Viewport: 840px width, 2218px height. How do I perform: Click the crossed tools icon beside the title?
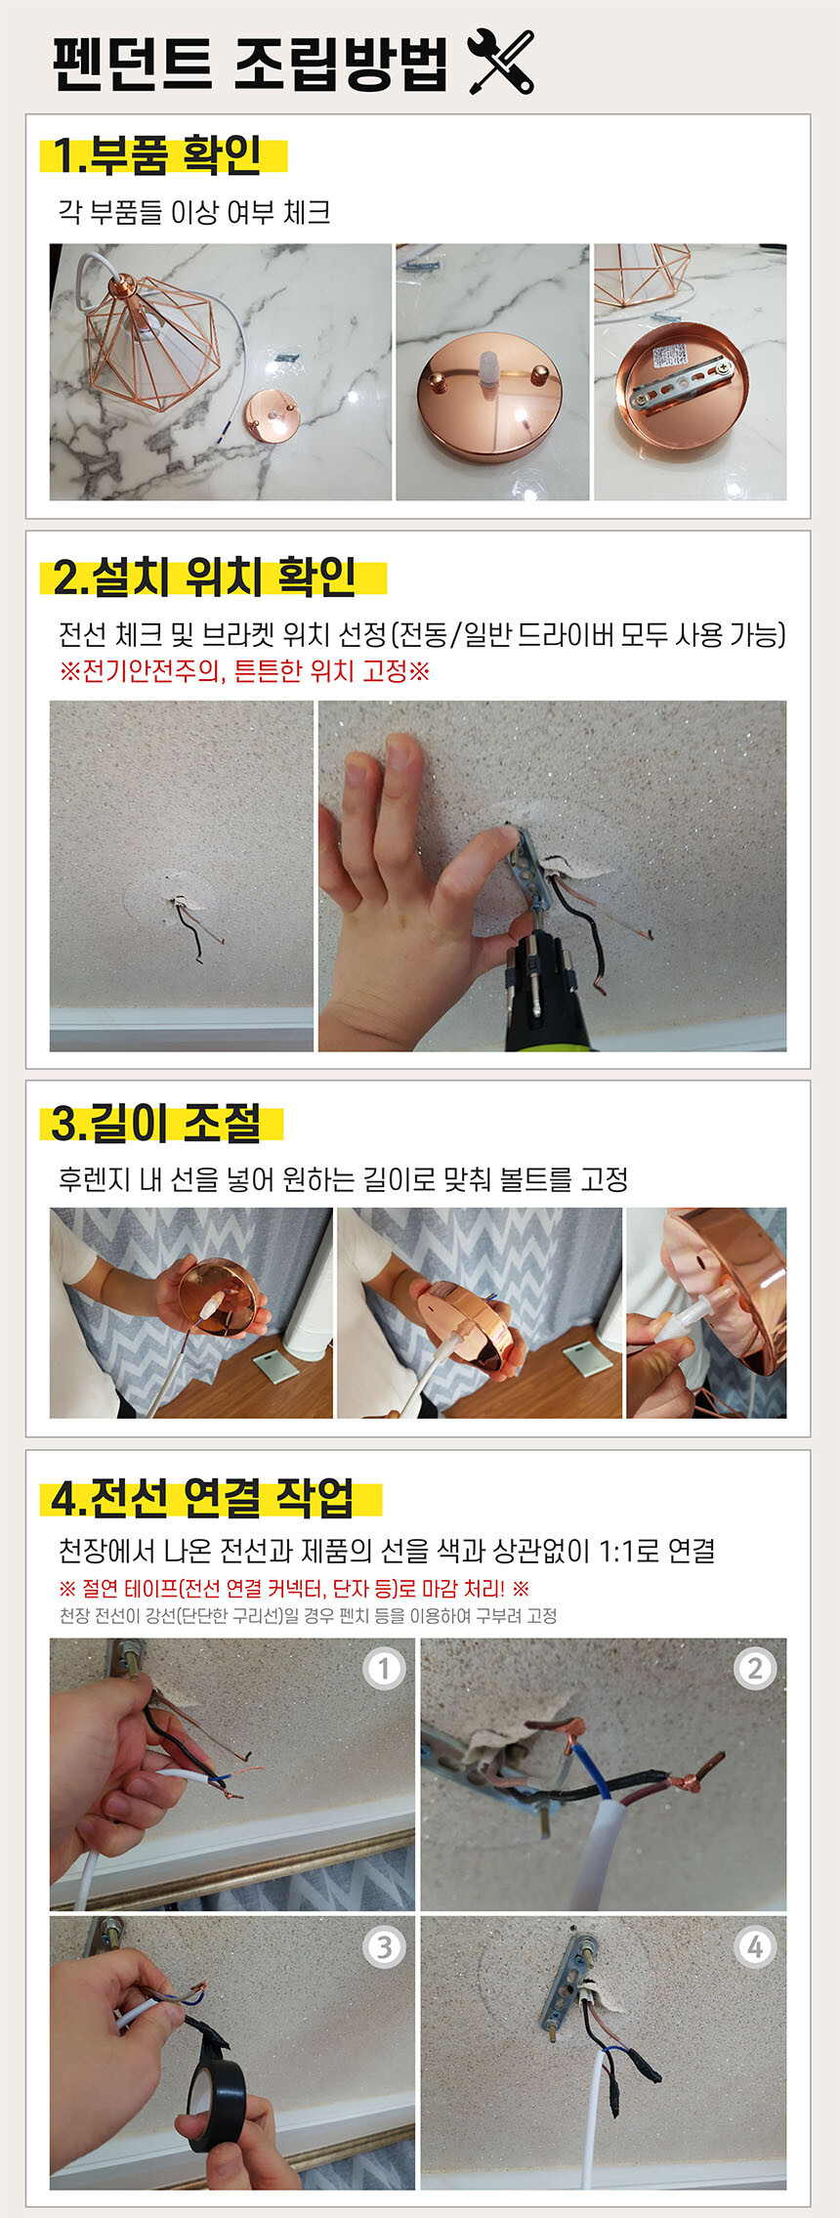click(x=501, y=62)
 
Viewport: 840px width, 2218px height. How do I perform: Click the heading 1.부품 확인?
click(x=156, y=155)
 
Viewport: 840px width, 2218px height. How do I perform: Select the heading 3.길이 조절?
click(x=156, y=1123)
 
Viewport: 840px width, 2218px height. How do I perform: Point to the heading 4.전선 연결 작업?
click(x=202, y=1498)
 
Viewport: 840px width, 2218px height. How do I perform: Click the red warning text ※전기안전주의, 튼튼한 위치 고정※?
click(x=244, y=671)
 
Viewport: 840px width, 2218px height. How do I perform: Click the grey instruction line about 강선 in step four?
click(x=308, y=1615)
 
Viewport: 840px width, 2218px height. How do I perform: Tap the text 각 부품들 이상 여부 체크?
click(x=194, y=212)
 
